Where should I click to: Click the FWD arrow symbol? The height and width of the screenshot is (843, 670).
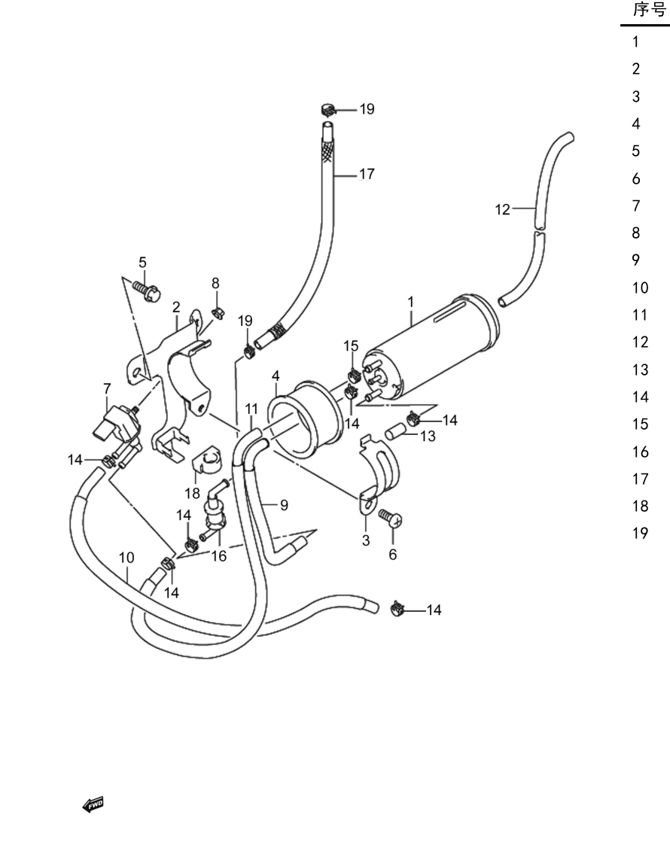[93, 805]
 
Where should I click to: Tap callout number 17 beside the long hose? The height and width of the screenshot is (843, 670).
[367, 174]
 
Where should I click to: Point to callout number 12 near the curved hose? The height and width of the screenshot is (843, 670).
[502, 209]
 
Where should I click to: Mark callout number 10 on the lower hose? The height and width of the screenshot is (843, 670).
[126, 558]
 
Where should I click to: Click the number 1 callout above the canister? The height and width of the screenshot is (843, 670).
[411, 302]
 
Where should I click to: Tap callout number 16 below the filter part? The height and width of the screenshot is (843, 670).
[219, 556]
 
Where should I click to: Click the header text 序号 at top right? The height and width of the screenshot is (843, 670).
[650, 10]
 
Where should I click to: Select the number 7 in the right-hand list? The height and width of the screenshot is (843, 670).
[636, 205]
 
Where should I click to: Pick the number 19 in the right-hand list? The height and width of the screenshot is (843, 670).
[641, 533]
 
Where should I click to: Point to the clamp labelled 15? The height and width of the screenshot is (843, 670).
[354, 373]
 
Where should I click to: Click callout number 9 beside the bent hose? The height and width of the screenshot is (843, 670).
[284, 505]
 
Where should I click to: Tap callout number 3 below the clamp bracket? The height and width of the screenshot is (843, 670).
[366, 540]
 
